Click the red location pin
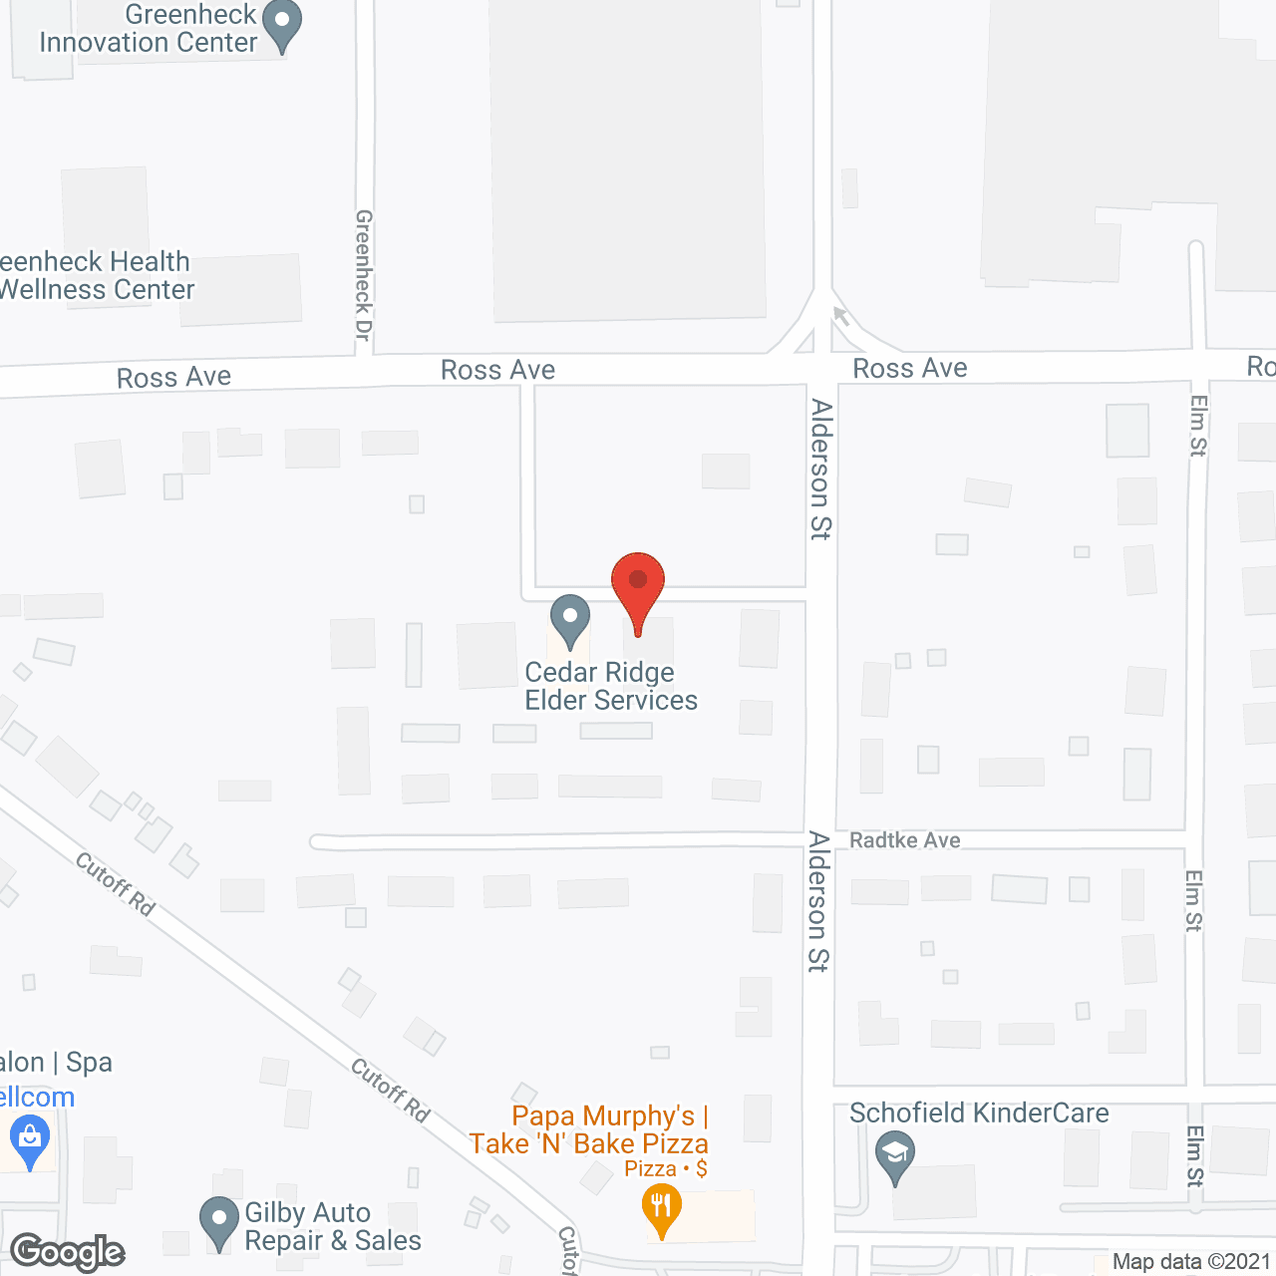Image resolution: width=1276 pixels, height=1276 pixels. [638, 583]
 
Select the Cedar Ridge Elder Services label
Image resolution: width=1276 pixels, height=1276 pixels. [611, 687]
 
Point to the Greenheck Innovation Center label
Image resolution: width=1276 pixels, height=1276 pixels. [149, 29]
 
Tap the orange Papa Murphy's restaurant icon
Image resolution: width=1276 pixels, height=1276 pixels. [660, 1209]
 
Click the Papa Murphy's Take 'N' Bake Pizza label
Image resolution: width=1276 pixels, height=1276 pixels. [589, 1130]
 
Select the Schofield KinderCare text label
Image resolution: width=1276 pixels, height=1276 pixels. [979, 1113]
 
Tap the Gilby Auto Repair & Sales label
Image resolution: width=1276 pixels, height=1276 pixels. [333, 1227]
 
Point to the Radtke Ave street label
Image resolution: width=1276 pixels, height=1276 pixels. [904, 840]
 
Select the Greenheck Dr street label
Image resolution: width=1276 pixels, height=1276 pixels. [364, 275]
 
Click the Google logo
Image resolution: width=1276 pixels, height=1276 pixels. [68, 1252]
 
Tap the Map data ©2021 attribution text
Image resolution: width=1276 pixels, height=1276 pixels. [1191, 1262]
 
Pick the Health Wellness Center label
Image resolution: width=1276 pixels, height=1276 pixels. [95, 276]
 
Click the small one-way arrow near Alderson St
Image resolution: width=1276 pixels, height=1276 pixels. [841, 316]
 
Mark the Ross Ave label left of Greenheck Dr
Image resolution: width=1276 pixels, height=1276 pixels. [173, 378]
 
